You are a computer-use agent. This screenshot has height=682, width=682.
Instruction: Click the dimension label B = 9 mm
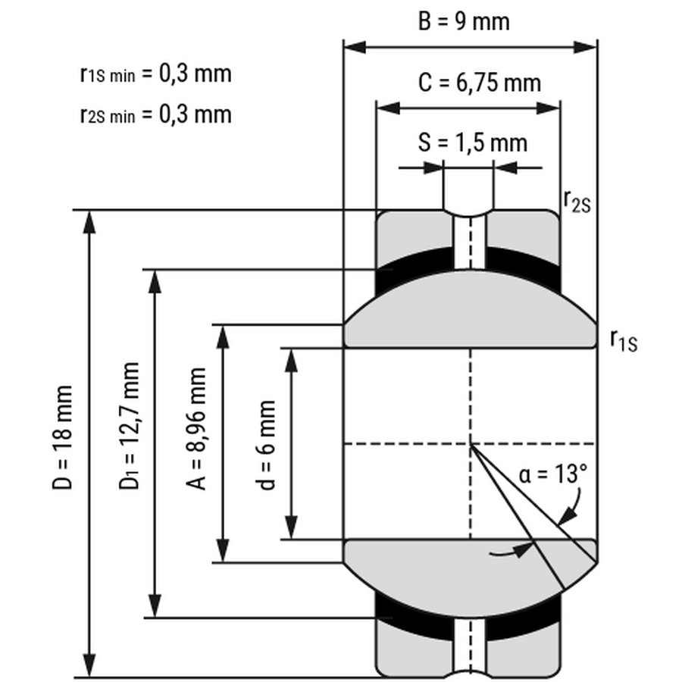[x=464, y=20]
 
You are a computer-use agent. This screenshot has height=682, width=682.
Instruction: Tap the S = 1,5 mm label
[x=472, y=142]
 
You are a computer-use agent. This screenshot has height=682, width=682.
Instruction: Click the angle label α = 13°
[x=553, y=475]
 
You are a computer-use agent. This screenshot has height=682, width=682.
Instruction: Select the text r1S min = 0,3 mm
[x=155, y=74]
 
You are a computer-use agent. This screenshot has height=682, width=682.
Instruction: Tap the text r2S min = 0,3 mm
[x=155, y=114]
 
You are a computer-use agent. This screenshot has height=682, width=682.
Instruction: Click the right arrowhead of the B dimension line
[x=588, y=47]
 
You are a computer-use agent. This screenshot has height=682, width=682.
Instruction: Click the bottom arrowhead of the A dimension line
[x=223, y=552]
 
